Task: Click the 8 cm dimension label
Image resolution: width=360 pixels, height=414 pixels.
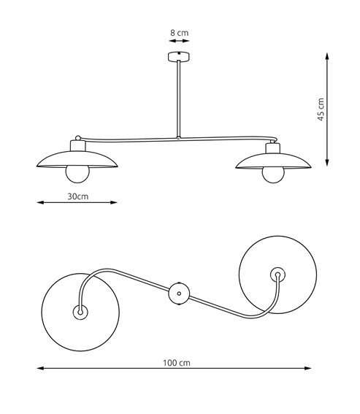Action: tap(180, 33)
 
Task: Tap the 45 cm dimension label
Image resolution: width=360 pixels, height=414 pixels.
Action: tap(321, 110)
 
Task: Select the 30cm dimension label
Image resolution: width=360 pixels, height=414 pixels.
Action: tap(78, 196)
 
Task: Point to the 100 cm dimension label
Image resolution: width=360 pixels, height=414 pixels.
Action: tap(177, 363)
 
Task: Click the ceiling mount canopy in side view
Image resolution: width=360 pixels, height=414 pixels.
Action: tap(179, 57)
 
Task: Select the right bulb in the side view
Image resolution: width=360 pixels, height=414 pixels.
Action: tap(273, 175)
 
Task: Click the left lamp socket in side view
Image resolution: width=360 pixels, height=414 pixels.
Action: tap(78, 145)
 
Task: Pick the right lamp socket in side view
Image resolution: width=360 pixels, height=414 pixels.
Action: tap(273, 148)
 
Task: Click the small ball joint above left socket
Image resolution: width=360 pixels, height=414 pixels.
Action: tap(78, 138)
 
